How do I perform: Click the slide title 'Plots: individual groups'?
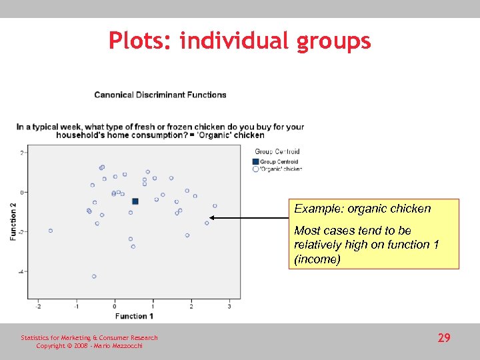[240, 41]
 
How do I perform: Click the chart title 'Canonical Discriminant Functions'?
[160, 95]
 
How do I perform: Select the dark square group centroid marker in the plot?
[135, 201]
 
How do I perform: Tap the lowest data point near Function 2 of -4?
[94, 276]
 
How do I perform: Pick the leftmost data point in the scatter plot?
[51, 231]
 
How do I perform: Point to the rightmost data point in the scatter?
[215, 206]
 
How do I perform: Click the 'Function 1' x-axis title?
[134, 316]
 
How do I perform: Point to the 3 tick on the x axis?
[229, 307]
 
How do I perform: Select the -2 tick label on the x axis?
[38, 307]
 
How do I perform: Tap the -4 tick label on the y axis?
[21, 272]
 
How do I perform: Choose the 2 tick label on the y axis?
[22, 153]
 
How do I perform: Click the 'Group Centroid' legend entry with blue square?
[275, 161]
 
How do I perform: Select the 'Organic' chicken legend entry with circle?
[277, 169]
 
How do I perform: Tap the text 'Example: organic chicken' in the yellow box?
[363, 209]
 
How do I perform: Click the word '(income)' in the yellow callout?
[317, 260]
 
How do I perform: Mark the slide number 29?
[444, 339]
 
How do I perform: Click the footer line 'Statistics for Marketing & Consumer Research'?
[89, 338]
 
